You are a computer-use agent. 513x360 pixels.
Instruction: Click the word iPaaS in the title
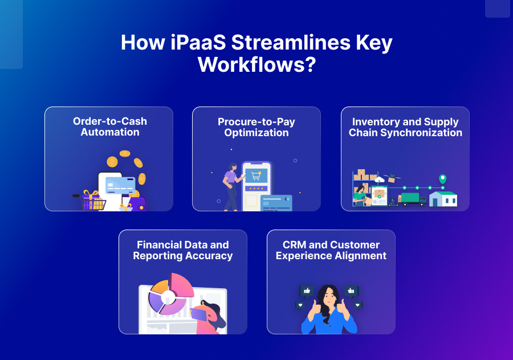[198, 43]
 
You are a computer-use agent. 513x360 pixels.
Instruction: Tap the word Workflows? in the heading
[257, 64]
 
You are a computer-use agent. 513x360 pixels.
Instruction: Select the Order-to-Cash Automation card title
[110, 126]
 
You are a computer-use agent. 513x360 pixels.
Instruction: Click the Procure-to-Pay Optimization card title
[256, 127]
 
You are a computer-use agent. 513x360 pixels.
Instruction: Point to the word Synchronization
[421, 133]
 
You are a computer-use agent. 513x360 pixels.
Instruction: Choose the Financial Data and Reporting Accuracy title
[183, 250]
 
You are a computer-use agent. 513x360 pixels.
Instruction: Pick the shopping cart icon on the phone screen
[256, 176]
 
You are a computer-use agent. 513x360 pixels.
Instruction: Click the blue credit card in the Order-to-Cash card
[120, 185]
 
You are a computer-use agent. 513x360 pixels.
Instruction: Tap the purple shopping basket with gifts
[92, 202]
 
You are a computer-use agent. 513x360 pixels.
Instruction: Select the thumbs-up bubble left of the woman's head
[306, 291]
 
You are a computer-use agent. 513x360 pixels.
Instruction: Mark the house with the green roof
[443, 199]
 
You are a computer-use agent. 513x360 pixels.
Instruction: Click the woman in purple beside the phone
[233, 186]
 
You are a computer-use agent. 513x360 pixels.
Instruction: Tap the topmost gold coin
[125, 153]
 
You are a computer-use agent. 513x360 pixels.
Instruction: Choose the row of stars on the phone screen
[256, 189]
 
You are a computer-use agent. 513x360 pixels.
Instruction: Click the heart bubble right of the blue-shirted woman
[357, 305]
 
